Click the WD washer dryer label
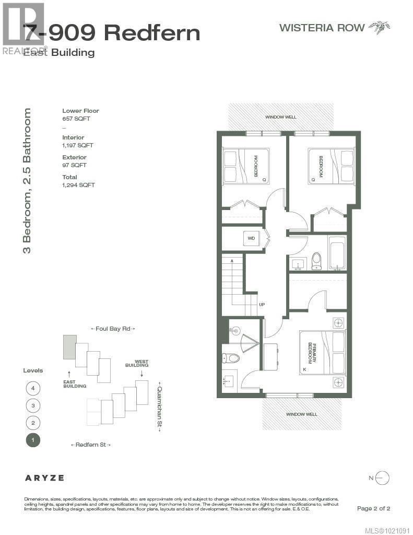[251, 238]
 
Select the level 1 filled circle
[32, 440]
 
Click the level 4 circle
[32, 388]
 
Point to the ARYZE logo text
[44, 478]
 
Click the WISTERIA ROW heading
[322, 28]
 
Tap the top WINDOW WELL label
[280, 117]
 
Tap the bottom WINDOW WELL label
[301, 414]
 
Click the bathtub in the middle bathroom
[337, 253]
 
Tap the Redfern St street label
[91, 445]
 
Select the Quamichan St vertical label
[160, 406]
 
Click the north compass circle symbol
[382, 478]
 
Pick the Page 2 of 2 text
[373, 508]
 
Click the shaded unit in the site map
[69, 347]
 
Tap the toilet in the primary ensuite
[230, 358]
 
